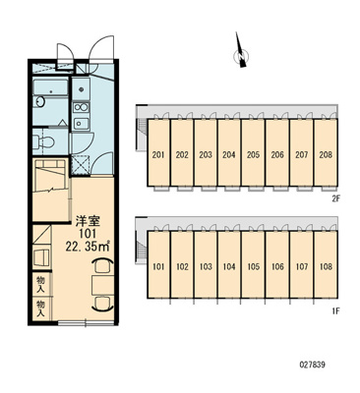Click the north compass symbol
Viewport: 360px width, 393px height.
tap(241, 52)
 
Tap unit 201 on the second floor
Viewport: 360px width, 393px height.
tap(158, 152)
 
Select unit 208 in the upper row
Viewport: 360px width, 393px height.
tap(326, 152)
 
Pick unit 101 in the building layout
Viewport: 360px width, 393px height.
tap(158, 264)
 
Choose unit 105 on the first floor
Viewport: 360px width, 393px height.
tap(253, 264)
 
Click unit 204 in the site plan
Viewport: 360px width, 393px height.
tap(229, 152)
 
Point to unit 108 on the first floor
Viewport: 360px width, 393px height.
tap(326, 264)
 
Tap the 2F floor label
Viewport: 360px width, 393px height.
tap(334, 197)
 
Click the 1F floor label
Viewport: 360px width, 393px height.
tap(334, 309)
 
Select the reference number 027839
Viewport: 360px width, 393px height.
tap(312, 365)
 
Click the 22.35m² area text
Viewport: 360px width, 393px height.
tap(88, 246)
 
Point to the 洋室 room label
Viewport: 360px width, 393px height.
tap(88, 221)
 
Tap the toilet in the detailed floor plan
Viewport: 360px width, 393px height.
tap(44, 141)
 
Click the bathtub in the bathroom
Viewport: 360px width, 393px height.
tap(50, 86)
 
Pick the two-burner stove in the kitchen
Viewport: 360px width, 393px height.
tap(81, 107)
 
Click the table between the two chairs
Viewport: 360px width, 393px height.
tap(102, 285)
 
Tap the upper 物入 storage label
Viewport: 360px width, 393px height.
tap(40, 284)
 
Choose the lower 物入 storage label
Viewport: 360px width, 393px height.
tap(40, 309)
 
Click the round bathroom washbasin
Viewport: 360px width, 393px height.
tap(40, 101)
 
